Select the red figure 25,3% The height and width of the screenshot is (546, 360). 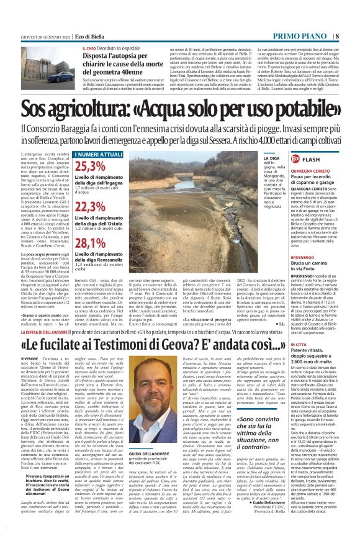[89, 166]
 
